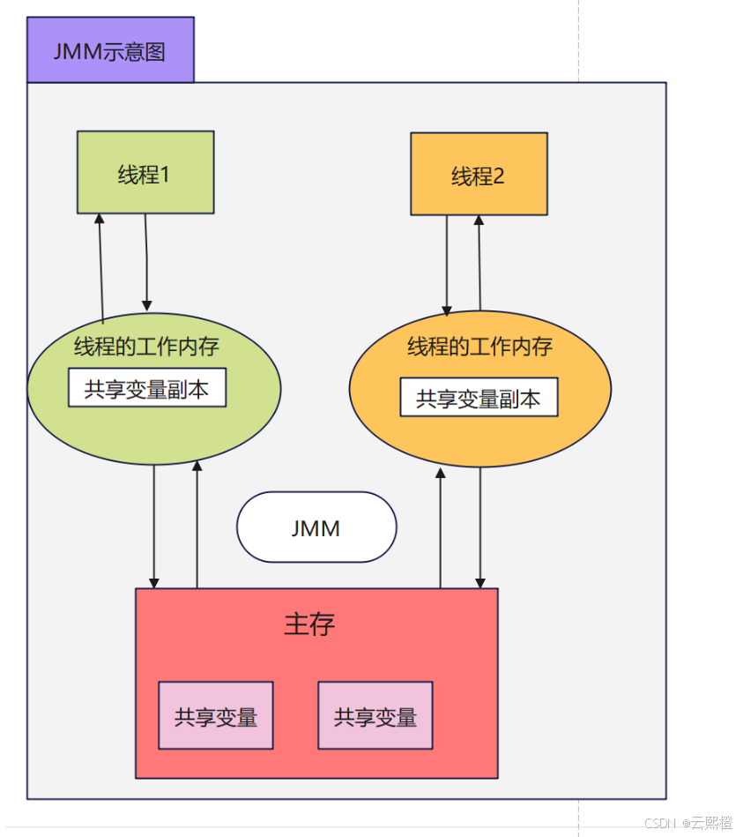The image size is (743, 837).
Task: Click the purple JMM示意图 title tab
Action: pos(110,50)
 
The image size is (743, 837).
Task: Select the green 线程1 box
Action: pos(145,173)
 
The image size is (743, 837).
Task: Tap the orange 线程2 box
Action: pos(479,175)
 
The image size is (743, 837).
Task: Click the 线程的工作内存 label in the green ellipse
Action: pos(146,347)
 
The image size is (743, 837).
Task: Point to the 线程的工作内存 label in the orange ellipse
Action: pos(479,347)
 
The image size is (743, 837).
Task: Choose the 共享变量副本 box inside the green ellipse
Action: pos(147,388)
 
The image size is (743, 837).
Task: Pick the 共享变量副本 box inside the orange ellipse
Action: pos(479,398)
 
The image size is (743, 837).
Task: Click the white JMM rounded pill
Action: pos(316,527)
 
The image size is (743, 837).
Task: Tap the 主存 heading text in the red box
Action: pos(309,624)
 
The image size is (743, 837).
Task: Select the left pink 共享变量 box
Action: pos(216,716)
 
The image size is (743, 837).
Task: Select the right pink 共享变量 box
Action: pos(375,716)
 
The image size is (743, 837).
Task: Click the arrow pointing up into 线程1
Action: pos(101,265)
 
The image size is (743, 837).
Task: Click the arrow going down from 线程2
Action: pos(447,265)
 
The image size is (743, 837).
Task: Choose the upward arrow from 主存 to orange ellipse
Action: pos(441,528)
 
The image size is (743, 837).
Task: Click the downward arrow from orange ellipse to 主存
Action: pos(480,528)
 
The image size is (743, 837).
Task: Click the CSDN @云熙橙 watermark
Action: pos(688,823)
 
